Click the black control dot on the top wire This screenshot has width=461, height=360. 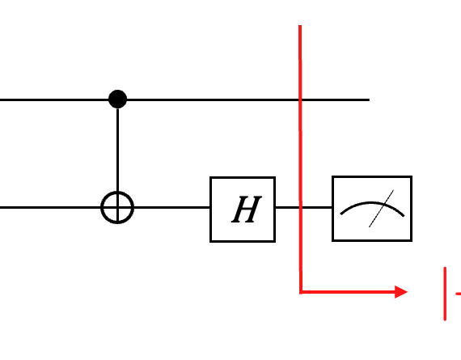[117, 100]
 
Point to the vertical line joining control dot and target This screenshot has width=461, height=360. [117, 150]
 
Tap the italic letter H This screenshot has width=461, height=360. [247, 210]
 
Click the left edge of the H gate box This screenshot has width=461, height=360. [210, 210]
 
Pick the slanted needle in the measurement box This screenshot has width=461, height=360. [381, 209]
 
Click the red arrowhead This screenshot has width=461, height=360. [401, 292]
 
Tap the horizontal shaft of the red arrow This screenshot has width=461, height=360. [349, 292]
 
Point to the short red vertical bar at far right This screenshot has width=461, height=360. [445, 294]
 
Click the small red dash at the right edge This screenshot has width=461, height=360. [459, 294]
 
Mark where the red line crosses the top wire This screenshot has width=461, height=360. [300, 100]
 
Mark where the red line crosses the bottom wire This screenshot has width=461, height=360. [301, 208]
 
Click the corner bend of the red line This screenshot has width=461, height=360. [301, 292]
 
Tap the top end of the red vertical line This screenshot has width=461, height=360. [300, 26]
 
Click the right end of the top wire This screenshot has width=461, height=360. [369, 100]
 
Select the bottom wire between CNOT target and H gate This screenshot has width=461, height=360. [172, 208]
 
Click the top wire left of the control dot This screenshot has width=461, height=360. [54, 100]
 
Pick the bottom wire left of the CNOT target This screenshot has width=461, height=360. [51, 208]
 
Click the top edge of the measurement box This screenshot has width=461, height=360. [372, 177]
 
